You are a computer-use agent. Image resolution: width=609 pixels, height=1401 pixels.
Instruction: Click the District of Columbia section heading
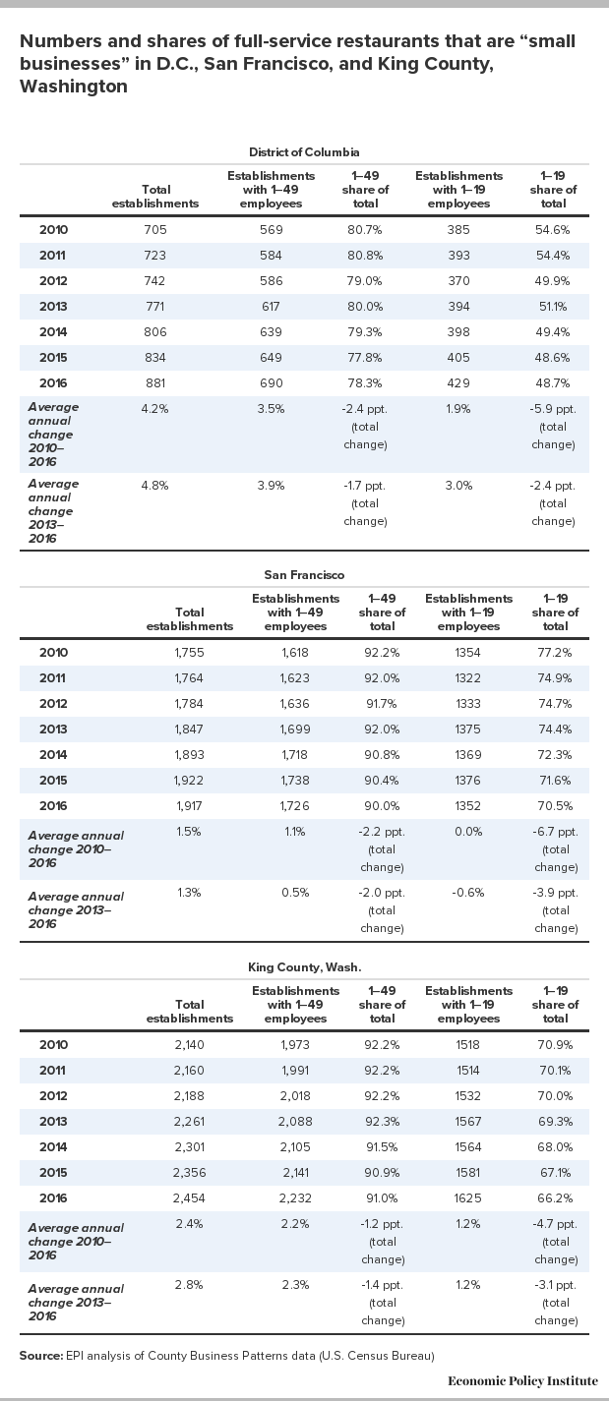click(304, 152)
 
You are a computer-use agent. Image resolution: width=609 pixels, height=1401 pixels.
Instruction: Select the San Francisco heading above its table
click(304, 575)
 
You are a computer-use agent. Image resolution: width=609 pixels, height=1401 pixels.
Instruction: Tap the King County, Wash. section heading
click(304, 967)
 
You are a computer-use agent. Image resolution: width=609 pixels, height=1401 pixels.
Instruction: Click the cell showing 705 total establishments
click(155, 229)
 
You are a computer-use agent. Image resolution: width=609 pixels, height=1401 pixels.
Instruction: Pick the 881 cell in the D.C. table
click(155, 382)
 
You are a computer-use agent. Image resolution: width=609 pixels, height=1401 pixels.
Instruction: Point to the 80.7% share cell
click(365, 229)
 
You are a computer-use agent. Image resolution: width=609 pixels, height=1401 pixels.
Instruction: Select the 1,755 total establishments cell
click(189, 653)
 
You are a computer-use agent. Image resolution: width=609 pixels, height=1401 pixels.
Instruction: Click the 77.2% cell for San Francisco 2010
click(555, 653)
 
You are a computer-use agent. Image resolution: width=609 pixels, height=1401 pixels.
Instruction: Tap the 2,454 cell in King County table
click(189, 1197)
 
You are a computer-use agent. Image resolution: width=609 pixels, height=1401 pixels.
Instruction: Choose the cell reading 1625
click(468, 1197)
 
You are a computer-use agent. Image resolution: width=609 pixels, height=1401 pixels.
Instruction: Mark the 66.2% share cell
click(555, 1197)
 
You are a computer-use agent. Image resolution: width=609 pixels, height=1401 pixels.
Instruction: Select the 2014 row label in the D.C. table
click(53, 332)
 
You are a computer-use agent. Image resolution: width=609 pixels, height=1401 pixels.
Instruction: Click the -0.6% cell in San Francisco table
click(468, 893)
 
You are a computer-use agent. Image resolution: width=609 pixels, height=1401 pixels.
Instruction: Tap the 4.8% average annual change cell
click(155, 486)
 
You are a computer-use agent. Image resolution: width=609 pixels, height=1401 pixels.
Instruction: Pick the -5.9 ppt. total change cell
click(553, 427)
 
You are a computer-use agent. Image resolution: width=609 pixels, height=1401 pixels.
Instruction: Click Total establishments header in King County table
click(190, 1012)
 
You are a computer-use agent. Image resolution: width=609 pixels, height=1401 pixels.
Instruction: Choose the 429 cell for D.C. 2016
click(458, 382)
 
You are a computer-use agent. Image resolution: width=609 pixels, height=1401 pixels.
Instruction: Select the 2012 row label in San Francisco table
click(53, 704)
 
